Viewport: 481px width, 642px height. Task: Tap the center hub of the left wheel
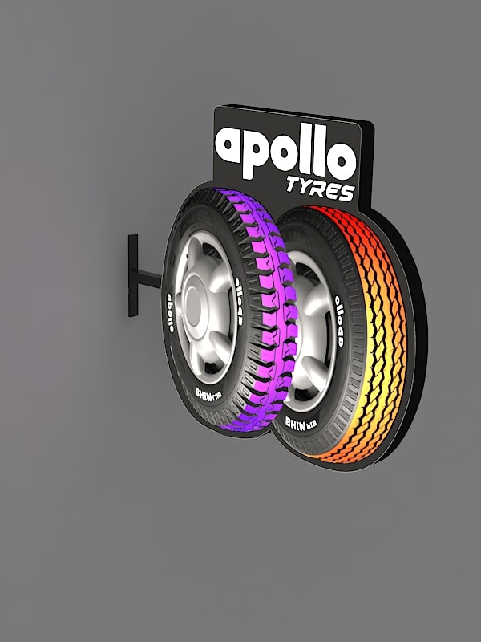(195, 305)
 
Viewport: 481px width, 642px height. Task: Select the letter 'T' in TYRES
(294, 189)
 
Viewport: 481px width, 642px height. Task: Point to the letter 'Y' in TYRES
(308, 191)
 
